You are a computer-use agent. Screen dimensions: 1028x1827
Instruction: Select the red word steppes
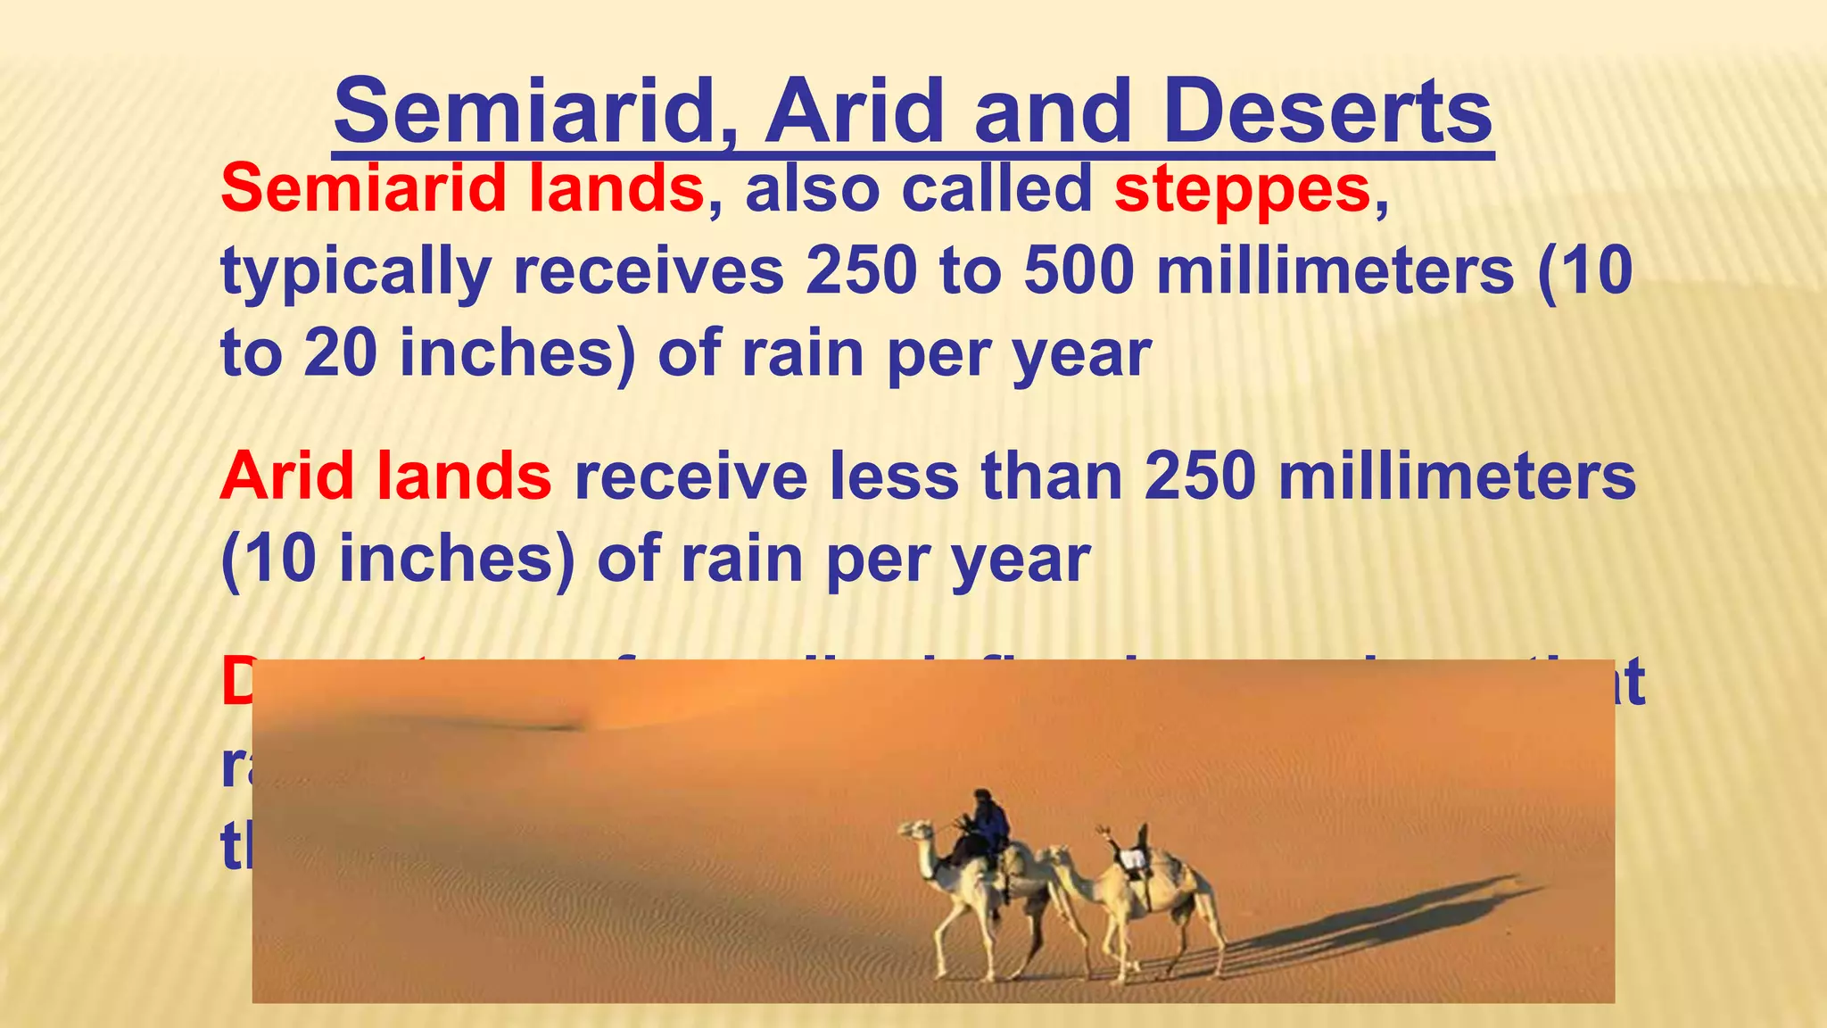point(1242,189)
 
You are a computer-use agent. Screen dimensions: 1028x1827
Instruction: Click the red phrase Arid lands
point(385,476)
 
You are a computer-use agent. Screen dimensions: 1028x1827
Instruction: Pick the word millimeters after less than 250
point(1457,476)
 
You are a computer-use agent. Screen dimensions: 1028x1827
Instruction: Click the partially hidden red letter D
point(236,683)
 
